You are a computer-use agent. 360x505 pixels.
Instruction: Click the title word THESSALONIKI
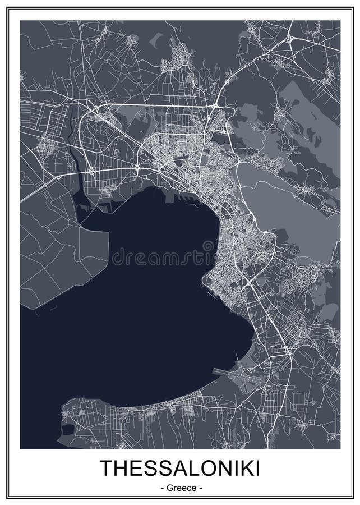coord(180,468)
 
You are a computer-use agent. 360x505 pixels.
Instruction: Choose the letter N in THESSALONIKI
coord(224,468)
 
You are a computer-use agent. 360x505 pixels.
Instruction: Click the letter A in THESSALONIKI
coord(176,468)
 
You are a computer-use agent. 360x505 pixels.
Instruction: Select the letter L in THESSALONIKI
coord(191,468)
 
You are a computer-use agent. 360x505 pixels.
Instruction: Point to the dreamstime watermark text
coord(163,257)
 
